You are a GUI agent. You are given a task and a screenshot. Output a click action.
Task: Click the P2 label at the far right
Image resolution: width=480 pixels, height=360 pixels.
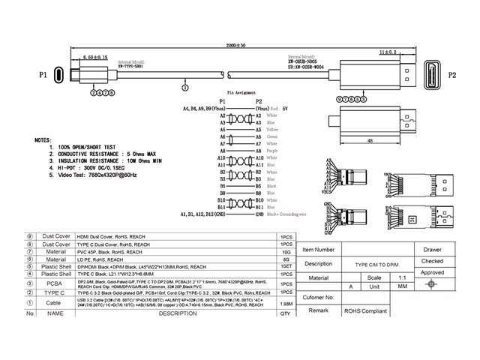[451, 76]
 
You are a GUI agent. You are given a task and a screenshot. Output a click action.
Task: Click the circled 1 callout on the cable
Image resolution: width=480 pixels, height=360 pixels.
[185, 88]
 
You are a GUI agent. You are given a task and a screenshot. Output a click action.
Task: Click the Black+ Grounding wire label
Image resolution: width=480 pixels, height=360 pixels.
[289, 215]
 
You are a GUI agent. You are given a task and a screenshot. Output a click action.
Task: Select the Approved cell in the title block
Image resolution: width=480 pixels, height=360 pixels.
[432, 272]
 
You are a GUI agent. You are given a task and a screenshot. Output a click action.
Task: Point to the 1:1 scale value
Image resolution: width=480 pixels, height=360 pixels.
[392, 276]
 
